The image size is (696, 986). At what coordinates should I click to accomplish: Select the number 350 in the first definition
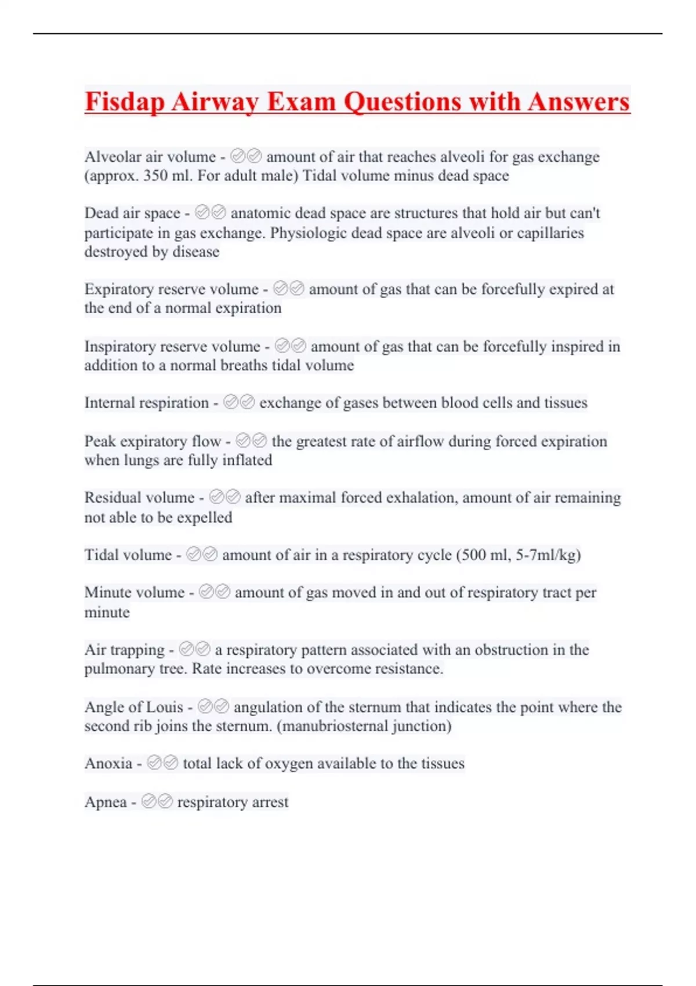155,176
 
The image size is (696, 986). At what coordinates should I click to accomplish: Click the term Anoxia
108,763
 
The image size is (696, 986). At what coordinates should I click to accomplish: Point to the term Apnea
106,802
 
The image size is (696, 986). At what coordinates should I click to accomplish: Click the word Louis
165,707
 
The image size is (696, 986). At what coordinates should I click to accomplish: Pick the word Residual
111,498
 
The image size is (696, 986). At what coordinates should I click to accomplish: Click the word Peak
100,441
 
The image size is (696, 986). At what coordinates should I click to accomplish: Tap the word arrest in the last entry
270,802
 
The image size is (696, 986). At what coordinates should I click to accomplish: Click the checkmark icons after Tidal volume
202,555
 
